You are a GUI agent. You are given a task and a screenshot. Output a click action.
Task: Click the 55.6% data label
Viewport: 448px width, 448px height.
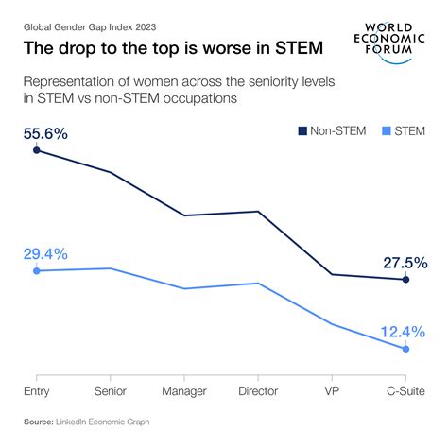(44, 134)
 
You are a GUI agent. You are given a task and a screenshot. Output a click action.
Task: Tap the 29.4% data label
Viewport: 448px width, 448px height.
(44, 254)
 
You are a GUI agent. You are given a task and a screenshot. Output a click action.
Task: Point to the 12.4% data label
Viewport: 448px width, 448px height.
(405, 332)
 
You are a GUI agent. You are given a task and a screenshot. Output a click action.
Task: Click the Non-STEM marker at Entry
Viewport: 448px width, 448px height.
(37, 150)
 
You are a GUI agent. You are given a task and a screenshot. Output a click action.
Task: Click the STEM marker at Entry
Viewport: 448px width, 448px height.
(37, 271)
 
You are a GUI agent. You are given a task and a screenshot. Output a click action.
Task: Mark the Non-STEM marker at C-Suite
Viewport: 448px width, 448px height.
(406, 280)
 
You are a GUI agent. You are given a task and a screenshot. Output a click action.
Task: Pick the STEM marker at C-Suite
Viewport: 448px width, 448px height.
(406, 349)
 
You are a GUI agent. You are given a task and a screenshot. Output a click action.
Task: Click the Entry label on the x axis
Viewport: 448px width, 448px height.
(36, 390)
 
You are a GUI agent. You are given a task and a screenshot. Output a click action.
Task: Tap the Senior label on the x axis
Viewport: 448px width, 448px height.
(111, 390)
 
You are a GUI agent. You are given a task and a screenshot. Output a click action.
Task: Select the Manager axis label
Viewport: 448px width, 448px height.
(184, 390)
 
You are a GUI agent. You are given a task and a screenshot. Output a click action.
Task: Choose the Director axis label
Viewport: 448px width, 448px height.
(258, 390)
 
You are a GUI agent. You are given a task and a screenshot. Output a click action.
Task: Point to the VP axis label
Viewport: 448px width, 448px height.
(332, 390)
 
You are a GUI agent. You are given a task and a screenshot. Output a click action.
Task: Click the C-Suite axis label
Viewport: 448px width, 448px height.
(405, 390)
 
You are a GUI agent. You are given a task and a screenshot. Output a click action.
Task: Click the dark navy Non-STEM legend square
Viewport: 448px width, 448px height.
(302, 130)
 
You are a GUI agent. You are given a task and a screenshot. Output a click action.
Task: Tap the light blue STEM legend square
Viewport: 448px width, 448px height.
(387, 130)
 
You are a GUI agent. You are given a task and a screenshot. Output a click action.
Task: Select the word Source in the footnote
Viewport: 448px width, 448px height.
(38, 422)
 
